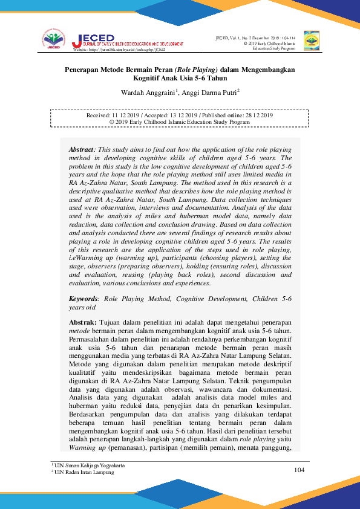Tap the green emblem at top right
click(x=311, y=39)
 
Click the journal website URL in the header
click(x=114, y=50)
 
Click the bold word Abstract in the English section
click(x=81, y=149)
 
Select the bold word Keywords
click(x=83, y=299)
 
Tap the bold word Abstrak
click(x=83, y=323)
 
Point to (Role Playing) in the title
click(x=197, y=70)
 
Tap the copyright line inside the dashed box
click(x=179, y=122)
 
